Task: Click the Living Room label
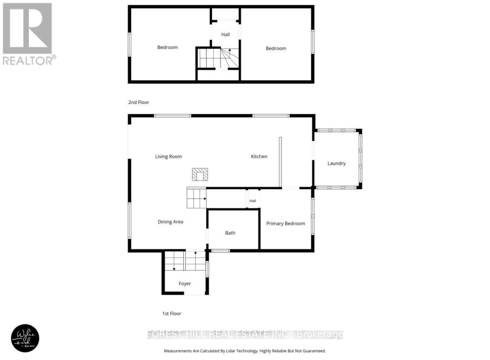(168, 157)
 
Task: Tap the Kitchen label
(259, 157)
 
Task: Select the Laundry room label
(336, 163)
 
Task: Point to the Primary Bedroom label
(286, 224)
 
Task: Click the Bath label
(230, 233)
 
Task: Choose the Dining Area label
(170, 222)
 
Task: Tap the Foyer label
(185, 284)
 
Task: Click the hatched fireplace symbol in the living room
(199, 175)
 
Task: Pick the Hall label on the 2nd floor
(225, 35)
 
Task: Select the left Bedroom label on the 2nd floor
(167, 47)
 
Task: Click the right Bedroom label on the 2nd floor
(276, 49)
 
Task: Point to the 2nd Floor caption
(138, 102)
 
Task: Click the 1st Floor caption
(172, 314)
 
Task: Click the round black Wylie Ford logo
(25, 338)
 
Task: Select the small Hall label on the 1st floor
(253, 201)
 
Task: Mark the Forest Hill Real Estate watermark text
(245, 334)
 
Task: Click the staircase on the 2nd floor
(218, 58)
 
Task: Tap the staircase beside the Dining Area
(196, 198)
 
